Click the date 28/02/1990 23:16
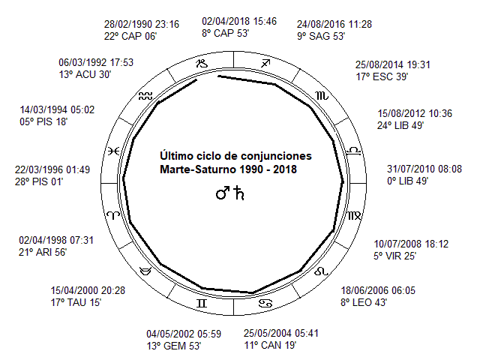[x=142, y=24]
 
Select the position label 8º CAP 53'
[x=225, y=33]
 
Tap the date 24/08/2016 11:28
[x=334, y=24]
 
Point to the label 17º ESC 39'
[x=382, y=76]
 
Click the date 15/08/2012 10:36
[x=415, y=113]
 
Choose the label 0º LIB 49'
[x=407, y=181]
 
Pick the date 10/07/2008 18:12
[x=411, y=244]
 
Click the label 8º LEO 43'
[x=364, y=302]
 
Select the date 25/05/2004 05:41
[x=281, y=333]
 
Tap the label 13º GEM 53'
[x=173, y=346]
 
